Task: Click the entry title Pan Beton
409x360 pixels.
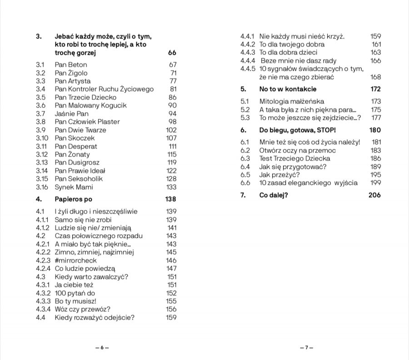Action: [x=70, y=64]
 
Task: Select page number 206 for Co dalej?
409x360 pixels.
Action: [x=374, y=195]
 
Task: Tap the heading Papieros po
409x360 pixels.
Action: [x=74, y=199]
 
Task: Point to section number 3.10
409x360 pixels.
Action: [x=42, y=138]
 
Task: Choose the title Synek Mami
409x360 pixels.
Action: [x=74, y=187]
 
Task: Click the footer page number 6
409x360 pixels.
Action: [x=102, y=347]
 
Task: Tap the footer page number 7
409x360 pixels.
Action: [x=306, y=347]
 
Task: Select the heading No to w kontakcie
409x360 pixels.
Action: [x=288, y=89]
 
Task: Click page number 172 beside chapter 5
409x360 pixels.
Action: [x=375, y=89]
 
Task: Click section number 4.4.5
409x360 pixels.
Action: [x=249, y=69]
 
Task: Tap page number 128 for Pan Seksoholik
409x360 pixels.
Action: [x=171, y=179]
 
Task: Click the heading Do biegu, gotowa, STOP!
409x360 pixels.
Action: [x=297, y=130]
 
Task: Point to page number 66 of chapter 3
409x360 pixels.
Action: [x=172, y=53]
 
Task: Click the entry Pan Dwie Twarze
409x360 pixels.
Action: [x=80, y=130]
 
